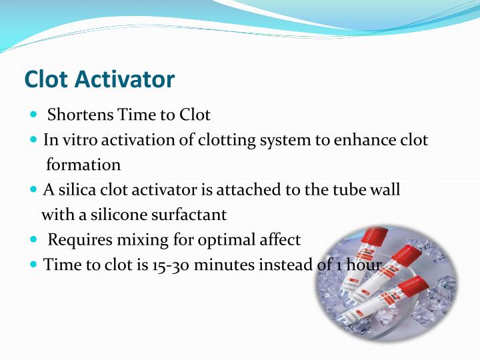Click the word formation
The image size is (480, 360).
pos(83,165)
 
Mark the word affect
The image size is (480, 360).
pos(283,239)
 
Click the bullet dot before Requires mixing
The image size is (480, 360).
pos(35,239)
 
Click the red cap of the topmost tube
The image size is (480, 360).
pos(377,236)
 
